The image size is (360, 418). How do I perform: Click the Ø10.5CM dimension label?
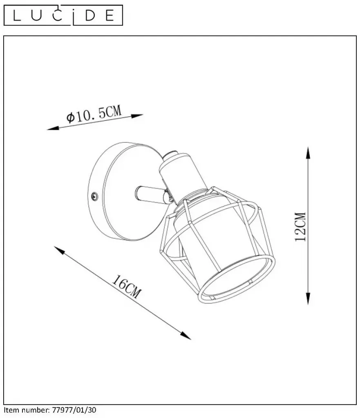click(94, 114)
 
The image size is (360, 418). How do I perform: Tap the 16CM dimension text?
click(126, 287)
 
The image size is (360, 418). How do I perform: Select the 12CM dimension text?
click(300, 227)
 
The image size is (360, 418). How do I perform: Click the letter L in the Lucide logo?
click(16, 16)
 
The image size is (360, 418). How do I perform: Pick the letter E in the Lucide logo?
click(110, 16)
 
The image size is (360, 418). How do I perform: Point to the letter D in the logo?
click(90, 16)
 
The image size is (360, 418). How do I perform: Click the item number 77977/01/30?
click(74, 410)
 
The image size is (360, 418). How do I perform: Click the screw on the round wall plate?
click(94, 197)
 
